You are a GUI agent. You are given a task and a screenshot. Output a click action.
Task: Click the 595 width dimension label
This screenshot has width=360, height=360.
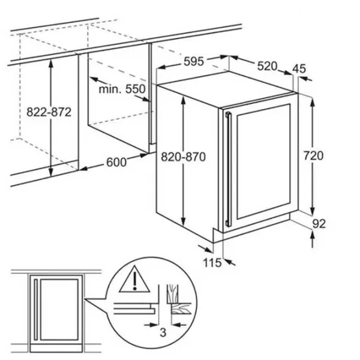pos(194,62)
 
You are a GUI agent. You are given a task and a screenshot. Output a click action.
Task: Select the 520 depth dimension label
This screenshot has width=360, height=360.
pos(267,66)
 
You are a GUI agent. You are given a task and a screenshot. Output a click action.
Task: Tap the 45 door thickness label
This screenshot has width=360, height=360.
pos(299,68)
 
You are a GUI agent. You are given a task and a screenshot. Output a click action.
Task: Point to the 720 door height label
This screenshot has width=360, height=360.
pos(313,155)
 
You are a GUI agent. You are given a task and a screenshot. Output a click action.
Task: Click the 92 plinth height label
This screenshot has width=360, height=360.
pos(319,224)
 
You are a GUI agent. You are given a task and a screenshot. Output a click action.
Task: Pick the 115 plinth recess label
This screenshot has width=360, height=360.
pos(212,263)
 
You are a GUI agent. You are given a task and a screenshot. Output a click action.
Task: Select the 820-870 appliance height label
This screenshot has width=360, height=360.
pos(183,157)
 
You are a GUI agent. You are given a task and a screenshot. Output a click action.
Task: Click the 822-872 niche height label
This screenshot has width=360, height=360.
pos(49,112)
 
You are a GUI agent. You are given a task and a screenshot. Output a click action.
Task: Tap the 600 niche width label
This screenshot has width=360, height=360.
pos(116,162)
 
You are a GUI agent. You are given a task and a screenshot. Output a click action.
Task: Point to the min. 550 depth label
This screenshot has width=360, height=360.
pos(122,89)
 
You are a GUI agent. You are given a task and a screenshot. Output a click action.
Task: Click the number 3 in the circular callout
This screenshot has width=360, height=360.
pos(163,332)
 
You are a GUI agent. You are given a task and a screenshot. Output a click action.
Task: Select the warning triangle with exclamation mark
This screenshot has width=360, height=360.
pos(134,279)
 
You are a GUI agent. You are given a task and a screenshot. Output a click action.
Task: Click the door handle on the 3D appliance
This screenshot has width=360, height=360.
pos(228,169)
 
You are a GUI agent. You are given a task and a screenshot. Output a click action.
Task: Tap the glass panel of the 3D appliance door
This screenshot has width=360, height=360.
pos(263,161)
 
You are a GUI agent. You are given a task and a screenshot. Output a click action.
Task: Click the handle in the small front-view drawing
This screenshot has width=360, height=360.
pos(35,309)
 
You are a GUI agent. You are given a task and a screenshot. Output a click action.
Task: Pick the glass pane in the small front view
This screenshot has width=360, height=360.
pos(59,309)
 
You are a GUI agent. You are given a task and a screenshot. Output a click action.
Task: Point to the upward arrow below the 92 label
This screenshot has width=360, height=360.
pos(312,239)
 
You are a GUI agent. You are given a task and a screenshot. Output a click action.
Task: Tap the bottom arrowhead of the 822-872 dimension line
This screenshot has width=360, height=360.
pos(51,173)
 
